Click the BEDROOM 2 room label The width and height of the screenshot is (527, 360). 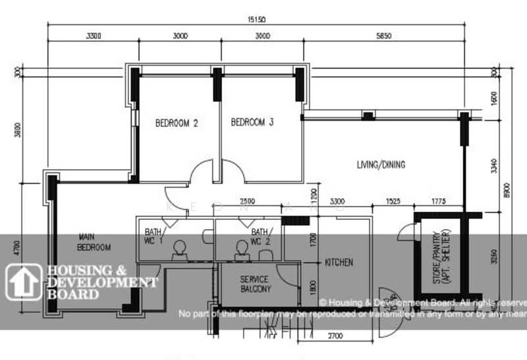point(177,123)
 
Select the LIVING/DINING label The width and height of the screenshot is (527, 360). point(381,165)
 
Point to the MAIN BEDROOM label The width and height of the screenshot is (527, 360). point(95,242)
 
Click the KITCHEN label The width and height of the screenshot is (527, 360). point(339,263)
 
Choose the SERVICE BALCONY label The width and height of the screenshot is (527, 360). point(256,284)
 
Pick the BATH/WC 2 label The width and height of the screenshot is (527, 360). point(259,236)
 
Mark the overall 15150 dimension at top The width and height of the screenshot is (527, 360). point(257,19)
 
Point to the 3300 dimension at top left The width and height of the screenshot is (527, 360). point(94,36)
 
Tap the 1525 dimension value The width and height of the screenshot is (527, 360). point(393,201)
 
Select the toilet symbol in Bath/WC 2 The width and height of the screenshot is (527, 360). point(241,248)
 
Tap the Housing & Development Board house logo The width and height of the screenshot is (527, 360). point(22,281)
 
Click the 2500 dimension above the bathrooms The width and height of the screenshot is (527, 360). point(248,201)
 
